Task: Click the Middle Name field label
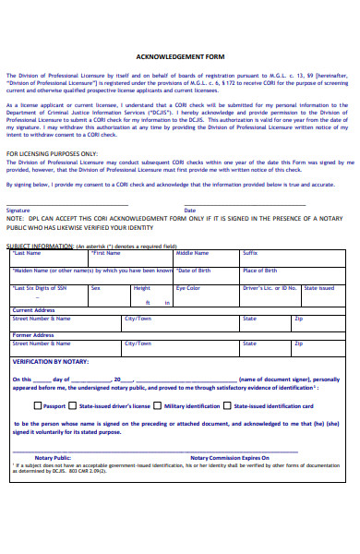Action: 193,252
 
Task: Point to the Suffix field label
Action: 250,252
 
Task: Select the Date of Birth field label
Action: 194,271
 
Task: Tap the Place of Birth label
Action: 259,271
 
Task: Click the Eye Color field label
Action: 188,288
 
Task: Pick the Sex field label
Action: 95,288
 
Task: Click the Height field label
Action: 141,288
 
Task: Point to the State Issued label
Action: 319,288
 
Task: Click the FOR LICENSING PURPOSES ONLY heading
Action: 52,153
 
